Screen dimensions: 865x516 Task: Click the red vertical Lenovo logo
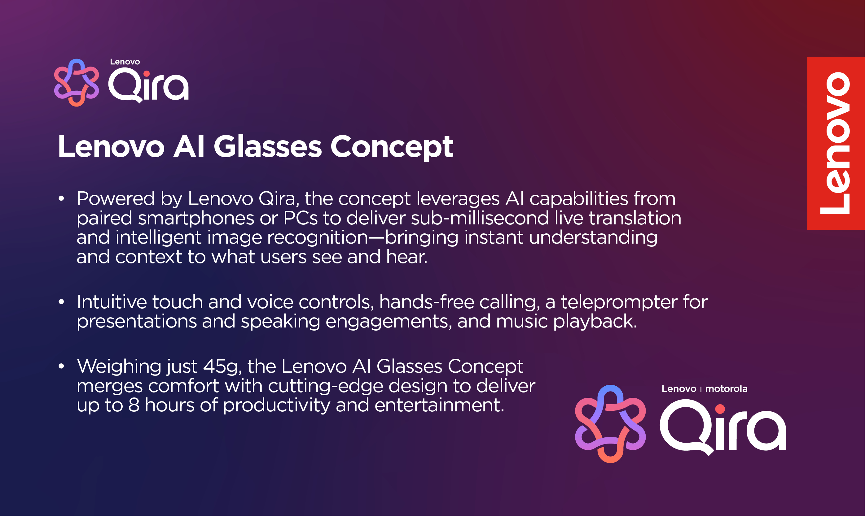pos(836,143)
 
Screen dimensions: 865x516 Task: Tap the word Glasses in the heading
pos(268,147)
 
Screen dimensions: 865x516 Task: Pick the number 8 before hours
pos(134,405)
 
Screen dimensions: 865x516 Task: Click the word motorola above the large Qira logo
pos(726,389)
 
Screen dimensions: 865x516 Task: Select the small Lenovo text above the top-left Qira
pos(125,62)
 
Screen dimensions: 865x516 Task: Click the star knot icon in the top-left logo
pos(77,82)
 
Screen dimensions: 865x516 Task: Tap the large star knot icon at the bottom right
pos(610,424)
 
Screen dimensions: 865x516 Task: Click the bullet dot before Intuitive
pos(62,302)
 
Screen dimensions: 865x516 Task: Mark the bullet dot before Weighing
pos(62,366)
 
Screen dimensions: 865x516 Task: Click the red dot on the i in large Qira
pos(720,409)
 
